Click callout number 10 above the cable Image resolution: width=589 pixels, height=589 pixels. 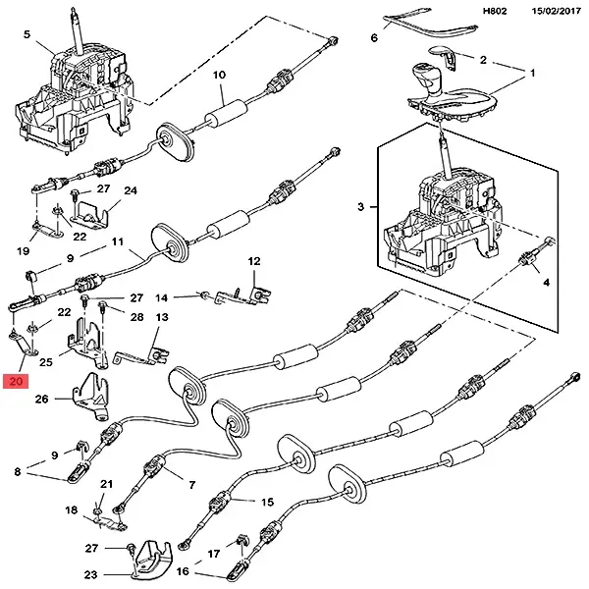pyautogui.click(x=219, y=75)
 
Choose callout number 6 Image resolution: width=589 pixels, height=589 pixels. pyautogui.click(x=374, y=38)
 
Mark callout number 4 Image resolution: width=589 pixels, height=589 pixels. pyautogui.click(x=546, y=282)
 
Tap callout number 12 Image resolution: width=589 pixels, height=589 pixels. pyautogui.click(x=254, y=262)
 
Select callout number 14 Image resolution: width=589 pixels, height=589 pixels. pyautogui.click(x=163, y=296)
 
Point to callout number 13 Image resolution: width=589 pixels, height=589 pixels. pyautogui.click(x=162, y=317)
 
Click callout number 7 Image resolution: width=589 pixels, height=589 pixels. pyautogui.click(x=190, y=484)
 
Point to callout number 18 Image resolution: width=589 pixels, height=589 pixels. pyautogui.click(x=71, y=510)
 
